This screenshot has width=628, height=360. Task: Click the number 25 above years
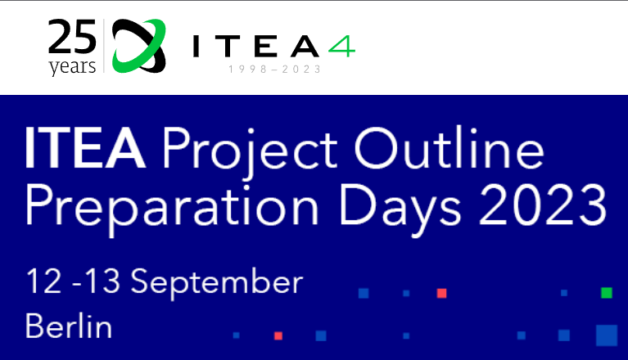click(x=72, y=38)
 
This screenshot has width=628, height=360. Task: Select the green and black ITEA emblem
click(x=139, y=46)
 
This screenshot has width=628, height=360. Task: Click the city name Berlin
click(x=69, y=327)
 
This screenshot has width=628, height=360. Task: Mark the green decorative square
click(x=606, y=293)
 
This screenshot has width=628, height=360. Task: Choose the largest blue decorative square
click(x=606, y=335)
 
